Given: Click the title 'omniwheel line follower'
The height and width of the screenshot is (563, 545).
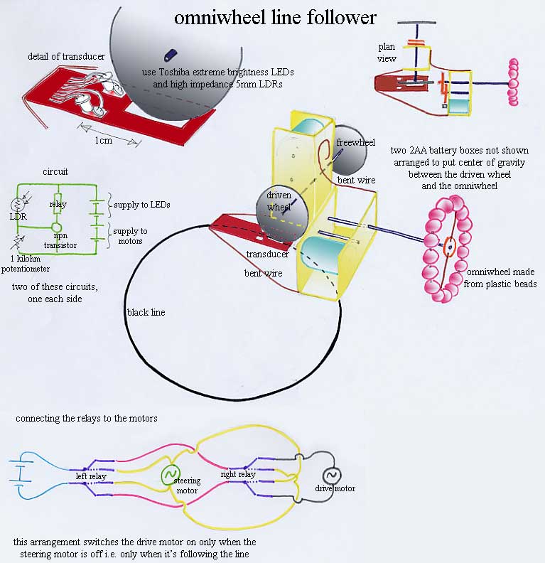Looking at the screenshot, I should [x=275, y=17].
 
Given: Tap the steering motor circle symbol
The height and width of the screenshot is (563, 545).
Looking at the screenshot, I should [x=171, y=474].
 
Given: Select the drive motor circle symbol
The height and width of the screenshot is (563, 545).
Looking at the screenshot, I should [x=332, y=476].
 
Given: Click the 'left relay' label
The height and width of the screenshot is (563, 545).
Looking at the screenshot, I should [x=91, y=476].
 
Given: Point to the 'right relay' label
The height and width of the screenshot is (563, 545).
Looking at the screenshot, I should [x=238, y=473].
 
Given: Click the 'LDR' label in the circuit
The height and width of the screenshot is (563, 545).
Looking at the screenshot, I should [x=18, y=215].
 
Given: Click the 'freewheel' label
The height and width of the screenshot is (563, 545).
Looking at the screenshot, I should [x=355, y=142].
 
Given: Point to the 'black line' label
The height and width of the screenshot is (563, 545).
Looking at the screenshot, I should [x=146, y=312].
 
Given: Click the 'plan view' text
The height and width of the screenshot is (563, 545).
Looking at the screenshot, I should [x=387, y=53].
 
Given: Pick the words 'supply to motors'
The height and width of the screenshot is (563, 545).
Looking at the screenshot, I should [x=131, y=236].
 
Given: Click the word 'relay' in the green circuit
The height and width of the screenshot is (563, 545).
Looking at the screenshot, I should [x=58, y=205].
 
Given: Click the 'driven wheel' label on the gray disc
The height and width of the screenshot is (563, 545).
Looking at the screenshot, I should [x=279, y=201].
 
